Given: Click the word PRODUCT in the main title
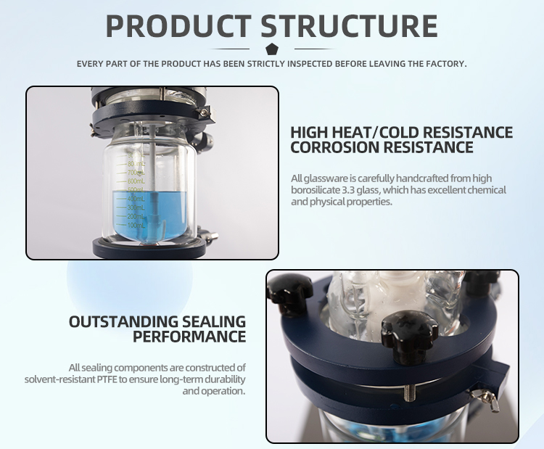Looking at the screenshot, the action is pos(178,25).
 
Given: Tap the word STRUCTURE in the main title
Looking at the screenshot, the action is pos(349,25).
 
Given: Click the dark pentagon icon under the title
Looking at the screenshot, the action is pos(272,49).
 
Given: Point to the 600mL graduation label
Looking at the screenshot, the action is pos(136,181).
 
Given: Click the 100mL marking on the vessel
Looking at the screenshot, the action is pos(136,225).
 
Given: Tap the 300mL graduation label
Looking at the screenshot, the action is pos(136,207).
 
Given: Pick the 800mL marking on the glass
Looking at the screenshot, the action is pos(136,164).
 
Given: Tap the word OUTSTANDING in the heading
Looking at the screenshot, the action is pos(123,321).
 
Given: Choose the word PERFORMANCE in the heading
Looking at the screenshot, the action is pos(189,337).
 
